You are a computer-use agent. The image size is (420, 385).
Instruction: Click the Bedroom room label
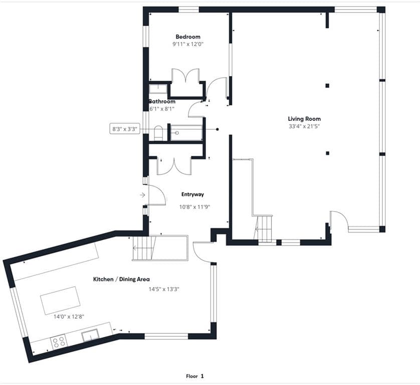pyautogui.click(x=188, y=37)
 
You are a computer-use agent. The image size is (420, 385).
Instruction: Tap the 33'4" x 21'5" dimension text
pyautogui.click(x=304, y=126)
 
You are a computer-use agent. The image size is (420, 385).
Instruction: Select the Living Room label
pyautogui.click(x=304, y=119)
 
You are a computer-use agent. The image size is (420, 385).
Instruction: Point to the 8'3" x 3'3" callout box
pyautogui.click(x=125, y=129)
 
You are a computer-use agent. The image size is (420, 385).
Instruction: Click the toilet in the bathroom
pyautogui.click(x=158, y=133)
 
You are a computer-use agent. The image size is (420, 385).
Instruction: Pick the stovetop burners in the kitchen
pyautogui.click(x=59, y=341)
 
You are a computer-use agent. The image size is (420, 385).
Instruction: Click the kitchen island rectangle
pyautogui.click(x=60, y=300)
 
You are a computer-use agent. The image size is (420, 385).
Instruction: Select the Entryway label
pyautogui.click(x=192, y=195)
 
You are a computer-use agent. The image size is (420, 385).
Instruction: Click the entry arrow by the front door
pyautogui.click(x=142, y=195)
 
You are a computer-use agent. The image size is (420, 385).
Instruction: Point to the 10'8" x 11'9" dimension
pyautogui.click(x=194, y=207)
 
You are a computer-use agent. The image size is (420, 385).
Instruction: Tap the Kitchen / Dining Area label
pyautogui.click(x=121, y=279)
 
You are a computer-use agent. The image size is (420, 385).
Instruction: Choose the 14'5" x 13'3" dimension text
pyautogui.click(x=164, y=289)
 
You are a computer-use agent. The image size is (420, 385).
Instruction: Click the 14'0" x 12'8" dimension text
pyautogui.click(x=69, y=317)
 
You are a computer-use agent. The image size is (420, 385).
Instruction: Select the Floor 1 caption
pyautogui.click(x=195, y=376)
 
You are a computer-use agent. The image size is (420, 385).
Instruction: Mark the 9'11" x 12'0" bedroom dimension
pyautogui.click(x=188, y=44)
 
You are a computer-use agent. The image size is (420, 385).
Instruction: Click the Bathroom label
pyautogui.click(x=162, y=102)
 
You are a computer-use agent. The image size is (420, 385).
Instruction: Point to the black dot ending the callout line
pyautogui.click(x=217, y=129)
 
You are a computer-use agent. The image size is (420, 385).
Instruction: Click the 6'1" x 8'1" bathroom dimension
pyautogui.click(x=161, y=109)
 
